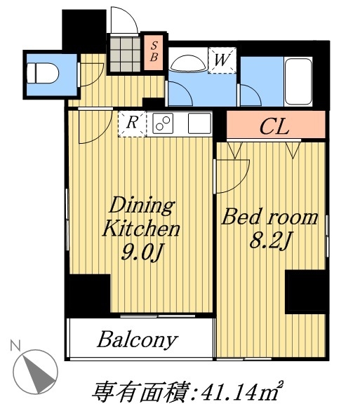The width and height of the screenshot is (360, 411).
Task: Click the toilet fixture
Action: [x=43, y=74]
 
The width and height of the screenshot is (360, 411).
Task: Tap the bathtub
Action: [x=298, y=81]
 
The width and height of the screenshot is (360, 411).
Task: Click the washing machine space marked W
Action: [x=222, y=60]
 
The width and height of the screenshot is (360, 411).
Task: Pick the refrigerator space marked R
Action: [x=132, y=123]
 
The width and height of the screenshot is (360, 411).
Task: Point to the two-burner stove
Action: [x=163, y=123]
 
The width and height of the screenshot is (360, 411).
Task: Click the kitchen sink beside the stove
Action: [x=200, y=123]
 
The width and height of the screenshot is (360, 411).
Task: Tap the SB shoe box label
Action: [x=154, y=52]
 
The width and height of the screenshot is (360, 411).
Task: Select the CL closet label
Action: [x=274, y=127]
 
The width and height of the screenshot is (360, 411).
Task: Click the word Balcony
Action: [x=138, y=340]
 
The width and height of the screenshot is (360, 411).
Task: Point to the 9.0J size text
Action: [x=142, y=252]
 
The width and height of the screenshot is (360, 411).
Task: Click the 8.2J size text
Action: [x=270, y=240]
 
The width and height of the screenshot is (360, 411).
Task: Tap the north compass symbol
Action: [x=35, y=371]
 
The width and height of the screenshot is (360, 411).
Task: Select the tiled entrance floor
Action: [x=125, y=54]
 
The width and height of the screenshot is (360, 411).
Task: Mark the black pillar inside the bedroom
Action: [x=305, y=292]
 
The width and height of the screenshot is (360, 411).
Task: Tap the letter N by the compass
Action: [x=15, y=346]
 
